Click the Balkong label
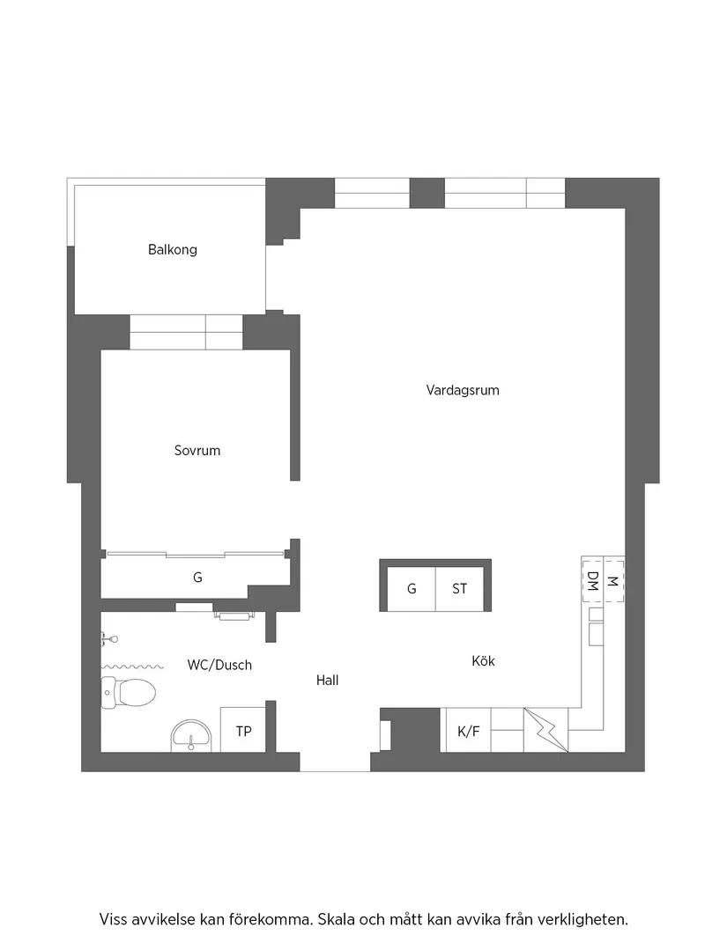[173, 250]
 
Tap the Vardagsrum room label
[463, 390]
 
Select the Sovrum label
[197, 451]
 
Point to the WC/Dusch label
[219, 666]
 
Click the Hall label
[328, 681]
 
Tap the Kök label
[483, 661]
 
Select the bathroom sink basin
[191, 735]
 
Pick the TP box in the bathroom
[243, 731]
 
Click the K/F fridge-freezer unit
[468, 731]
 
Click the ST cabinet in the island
[460, 589]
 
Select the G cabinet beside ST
[412, 589]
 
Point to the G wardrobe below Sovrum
[197, 578]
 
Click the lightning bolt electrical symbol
[546, 730]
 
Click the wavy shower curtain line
[133, 666]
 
